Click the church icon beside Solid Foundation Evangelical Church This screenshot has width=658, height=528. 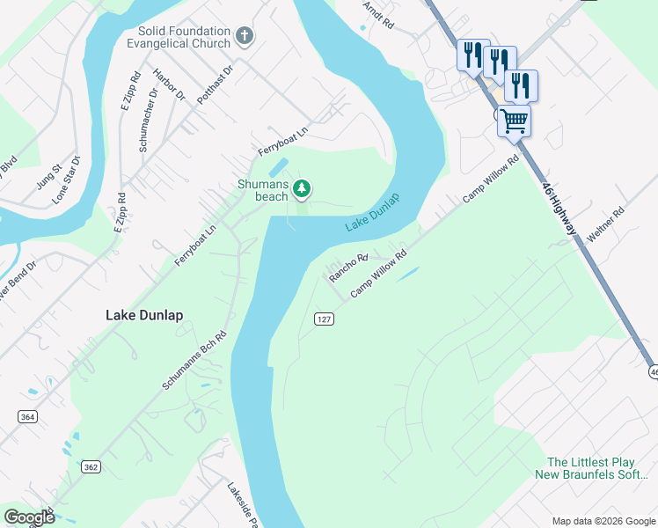tap(245, 38)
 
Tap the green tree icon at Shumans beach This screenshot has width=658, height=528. tap(302, 187)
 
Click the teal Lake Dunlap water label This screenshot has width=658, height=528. tap(372, 212)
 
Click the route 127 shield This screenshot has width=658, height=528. tap(324, 318)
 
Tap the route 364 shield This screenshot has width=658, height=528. tap(27, 416)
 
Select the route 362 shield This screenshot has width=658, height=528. tap(91, 466)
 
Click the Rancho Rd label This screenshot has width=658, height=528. tap(347, 267)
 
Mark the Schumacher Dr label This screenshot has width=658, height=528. tap(148, 119)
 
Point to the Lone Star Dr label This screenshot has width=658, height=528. tap(67, 180)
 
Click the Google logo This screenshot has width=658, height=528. tap(29, 517)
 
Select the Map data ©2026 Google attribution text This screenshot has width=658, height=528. tap(602, 521)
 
